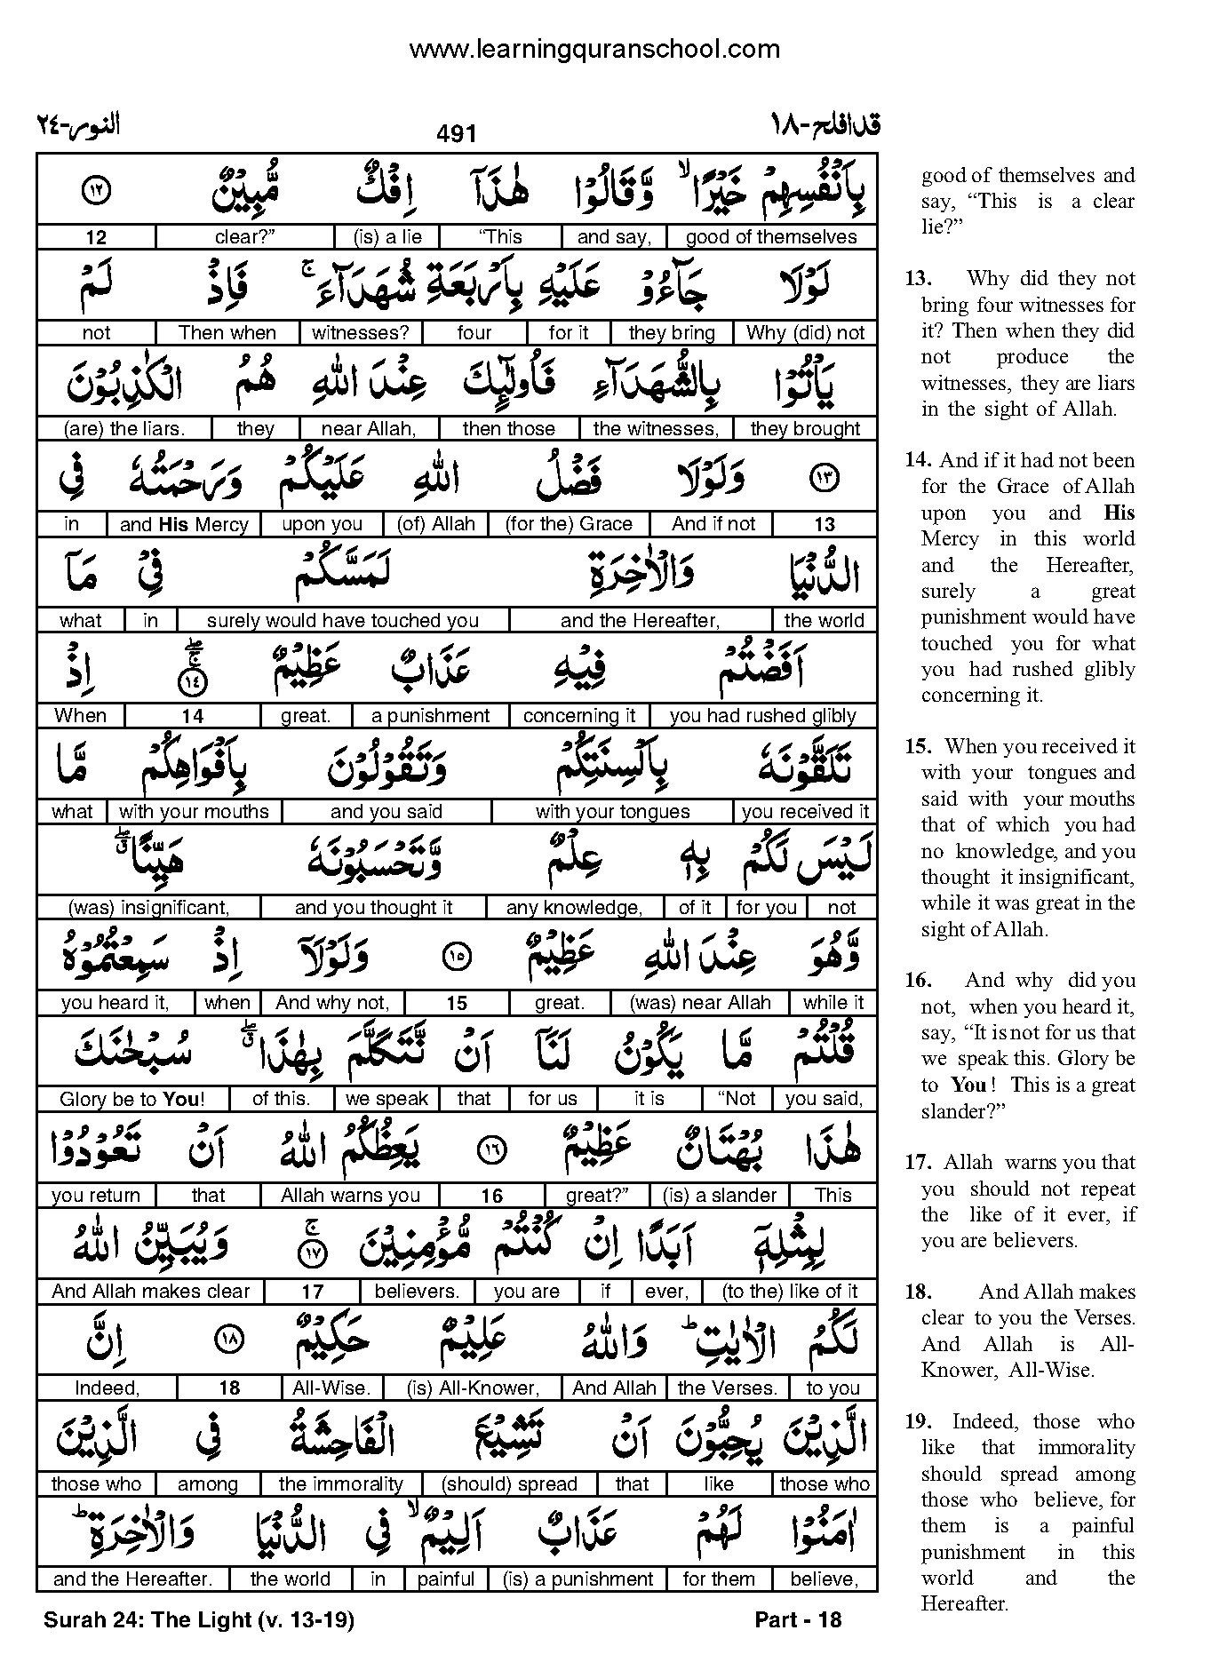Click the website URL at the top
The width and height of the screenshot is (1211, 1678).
tap(594, 50)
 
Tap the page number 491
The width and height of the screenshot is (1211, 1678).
tap(457, 133)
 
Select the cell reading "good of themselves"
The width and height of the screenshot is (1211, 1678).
tap(770, 237)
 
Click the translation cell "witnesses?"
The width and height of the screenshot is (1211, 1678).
tap(361, 333)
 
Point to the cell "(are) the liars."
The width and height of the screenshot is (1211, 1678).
tap(123, 429)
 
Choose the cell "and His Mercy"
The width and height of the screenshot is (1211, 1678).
tap(184, 525)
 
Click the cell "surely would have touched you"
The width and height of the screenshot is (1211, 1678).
tap(343, 621)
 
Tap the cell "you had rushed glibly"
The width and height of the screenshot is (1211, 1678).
tap(762, 716)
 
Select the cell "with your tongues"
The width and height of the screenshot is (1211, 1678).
tap(612, 812)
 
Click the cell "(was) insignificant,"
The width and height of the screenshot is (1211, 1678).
tap(148, 908)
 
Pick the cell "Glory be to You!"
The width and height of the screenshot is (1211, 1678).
tap(132, 1100)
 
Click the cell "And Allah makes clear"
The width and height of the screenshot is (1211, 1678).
tap(150, 1292)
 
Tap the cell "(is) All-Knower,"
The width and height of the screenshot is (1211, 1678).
tap(473, 1388)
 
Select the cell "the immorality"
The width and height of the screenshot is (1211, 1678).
tap(340, 1483)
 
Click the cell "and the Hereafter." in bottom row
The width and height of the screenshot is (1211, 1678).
tap(132, 1579)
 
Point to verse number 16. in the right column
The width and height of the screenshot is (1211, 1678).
tap(919, 981)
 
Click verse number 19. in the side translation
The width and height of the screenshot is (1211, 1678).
tap(919, 1422)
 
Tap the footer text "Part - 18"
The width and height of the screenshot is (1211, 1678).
tap(797, 1619)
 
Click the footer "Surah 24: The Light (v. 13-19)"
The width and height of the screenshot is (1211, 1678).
tap(199, 1619)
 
